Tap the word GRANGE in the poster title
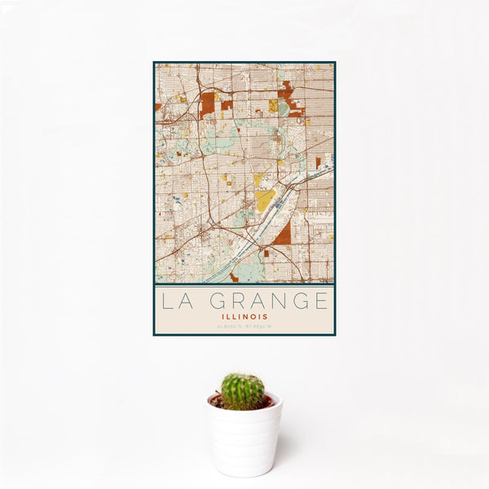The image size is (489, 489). click(x=266, y=301)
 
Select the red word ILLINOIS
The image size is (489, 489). click(x=244, y=316)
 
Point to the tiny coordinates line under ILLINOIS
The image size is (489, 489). click(x=244, y=328)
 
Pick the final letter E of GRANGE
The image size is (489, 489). click(x=323, y=301)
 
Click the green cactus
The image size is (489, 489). click(x=242, y=391)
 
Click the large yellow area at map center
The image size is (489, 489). click(x=265, y=200)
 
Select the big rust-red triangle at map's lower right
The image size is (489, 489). click(x=284, y=236)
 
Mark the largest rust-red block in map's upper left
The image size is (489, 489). click(x=207, y=104)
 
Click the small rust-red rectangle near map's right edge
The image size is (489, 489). click(x=318, y=162)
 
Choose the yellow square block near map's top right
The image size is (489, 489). click(x=274, y=105)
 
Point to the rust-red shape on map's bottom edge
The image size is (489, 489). click(x=234, y=278)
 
